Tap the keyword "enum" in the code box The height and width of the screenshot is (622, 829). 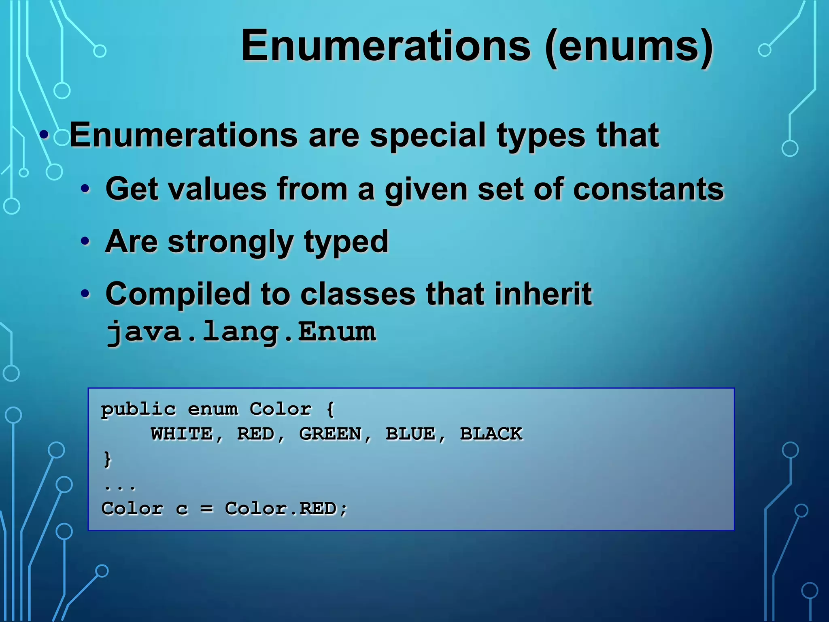pyautogui.click(x=213, y=409)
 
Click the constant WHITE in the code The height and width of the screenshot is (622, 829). pyautogui.click(x=182, y=434)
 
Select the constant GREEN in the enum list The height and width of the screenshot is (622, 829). pyautogui.click(x=330, y=434)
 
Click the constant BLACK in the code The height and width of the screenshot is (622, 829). pyautogui.click(x=491, y=434)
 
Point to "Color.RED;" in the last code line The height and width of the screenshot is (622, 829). pyautogui.click(x=286, y=509)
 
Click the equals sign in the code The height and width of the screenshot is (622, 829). pyautogui.click(x=207, y=509)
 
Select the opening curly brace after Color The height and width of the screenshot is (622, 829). pyautogui.click(x=330, y=409)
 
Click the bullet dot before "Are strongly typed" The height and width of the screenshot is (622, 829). pyautogui.click(x=85, y=241)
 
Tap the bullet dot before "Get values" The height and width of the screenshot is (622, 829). pyautogui.click(x=85, y=189)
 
